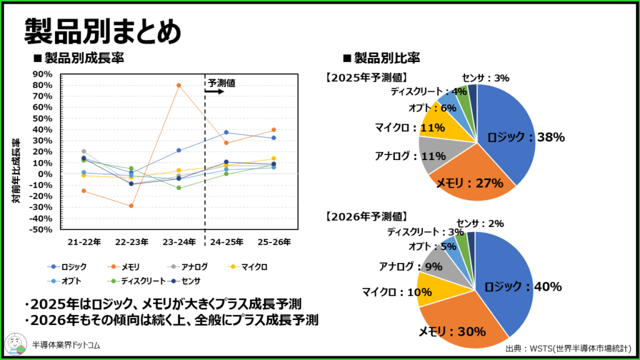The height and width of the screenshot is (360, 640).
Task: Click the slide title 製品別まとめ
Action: (x=102, y=31)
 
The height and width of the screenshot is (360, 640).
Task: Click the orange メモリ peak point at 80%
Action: (x=179, y=85)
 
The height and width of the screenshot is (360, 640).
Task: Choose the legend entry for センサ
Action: (x=194, y=281)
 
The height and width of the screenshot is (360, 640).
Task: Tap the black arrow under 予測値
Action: (x=214, y=91)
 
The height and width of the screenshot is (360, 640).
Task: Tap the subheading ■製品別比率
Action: (x=381, y=58)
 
